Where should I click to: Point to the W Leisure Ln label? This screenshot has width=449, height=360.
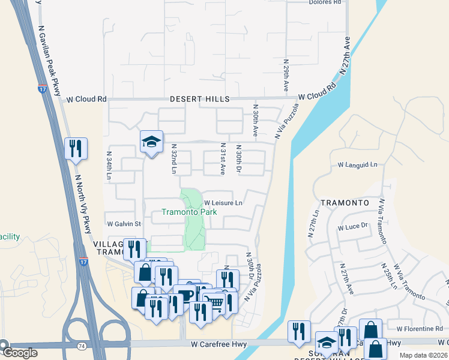click(223, 203)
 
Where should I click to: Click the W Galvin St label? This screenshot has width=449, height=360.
click(124, 224)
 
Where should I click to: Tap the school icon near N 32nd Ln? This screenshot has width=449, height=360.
click(151, 142)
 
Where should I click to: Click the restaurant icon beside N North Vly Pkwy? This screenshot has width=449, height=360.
click(76, 148)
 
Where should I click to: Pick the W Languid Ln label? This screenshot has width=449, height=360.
click(357, 164)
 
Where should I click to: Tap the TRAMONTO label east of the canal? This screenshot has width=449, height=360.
click(345, 203)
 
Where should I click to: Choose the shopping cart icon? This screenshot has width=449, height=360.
click(214, 301)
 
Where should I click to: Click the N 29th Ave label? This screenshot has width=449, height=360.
click(286, 76)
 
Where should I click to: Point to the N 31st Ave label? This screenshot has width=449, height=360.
click(222, 158)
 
